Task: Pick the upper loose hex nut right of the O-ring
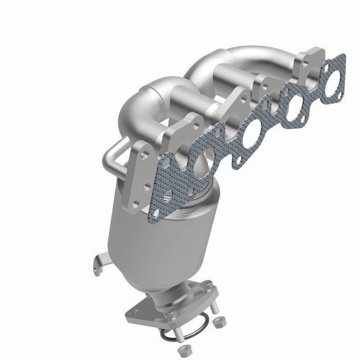pos(220,322)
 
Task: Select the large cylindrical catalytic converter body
pos(135,234)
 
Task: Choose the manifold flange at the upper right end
pos(308,63)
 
